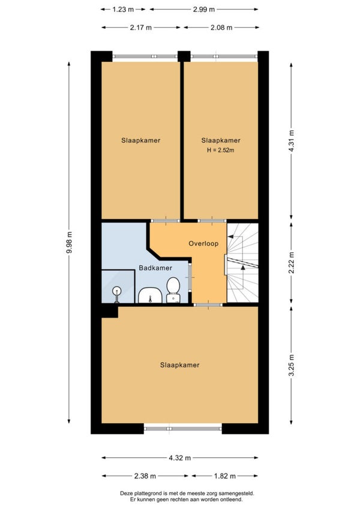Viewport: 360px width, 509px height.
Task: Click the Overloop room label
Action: tap(203, 244)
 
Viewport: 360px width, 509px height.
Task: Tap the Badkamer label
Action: tap(155, 268)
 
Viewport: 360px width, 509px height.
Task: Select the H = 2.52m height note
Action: tap(221, 150)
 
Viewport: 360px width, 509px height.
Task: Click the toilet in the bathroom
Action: tap(173, 290)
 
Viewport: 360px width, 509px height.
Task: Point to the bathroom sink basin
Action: tap(150, 295)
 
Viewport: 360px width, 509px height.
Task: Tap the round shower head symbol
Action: tap(116, 291)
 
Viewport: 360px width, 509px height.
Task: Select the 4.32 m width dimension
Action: tap(180, 458)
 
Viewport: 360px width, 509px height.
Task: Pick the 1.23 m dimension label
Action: tap(123, 10)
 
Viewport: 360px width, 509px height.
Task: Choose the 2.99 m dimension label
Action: tap(204, 10)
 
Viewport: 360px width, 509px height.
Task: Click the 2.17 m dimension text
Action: tap(141, 28)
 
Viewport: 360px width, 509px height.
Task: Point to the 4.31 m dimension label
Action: tap(291, 141)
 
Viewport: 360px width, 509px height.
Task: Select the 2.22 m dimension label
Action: tap(291, 262)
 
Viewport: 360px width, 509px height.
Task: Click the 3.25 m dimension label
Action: tap(291, 365)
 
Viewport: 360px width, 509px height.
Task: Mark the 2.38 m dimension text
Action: tap(145, 476)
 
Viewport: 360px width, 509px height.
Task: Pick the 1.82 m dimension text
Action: tap(224, 476)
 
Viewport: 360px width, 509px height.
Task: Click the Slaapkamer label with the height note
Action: tap(221, 140)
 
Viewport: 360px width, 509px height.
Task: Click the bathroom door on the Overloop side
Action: tap(190, 277)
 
